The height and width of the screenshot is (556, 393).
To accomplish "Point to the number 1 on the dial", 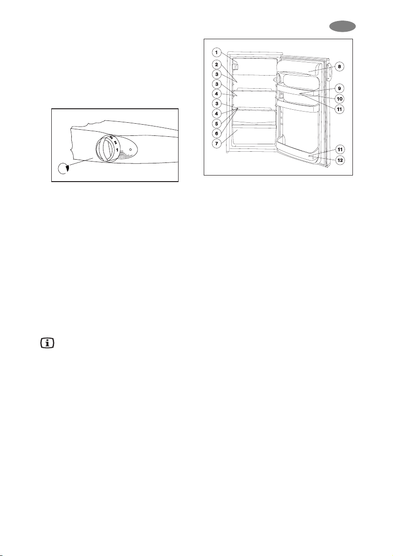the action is pos(117,150).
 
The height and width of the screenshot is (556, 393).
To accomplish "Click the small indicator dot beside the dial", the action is pos(130,150).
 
